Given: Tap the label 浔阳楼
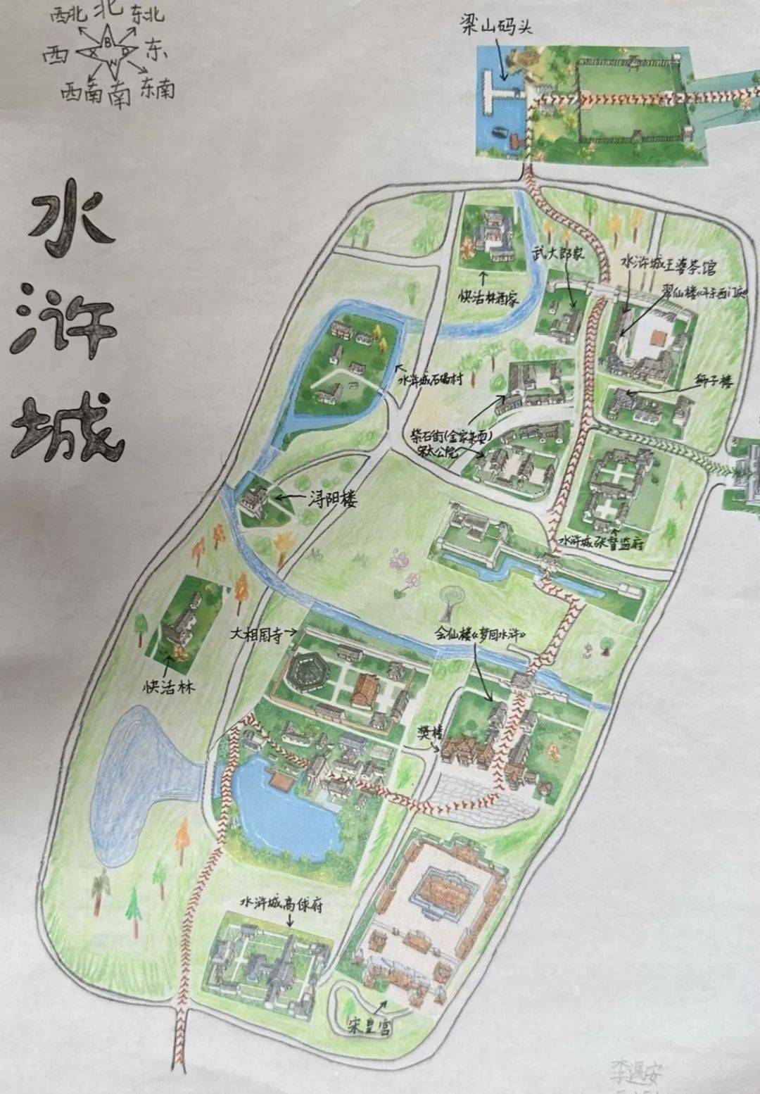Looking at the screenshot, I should [x=333, y=500].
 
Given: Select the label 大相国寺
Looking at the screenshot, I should [x=256, y=634].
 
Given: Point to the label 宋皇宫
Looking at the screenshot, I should [x=369, y=1027].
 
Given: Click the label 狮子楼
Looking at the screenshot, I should [x=713, y=382].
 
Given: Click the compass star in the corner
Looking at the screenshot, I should [x=108, y=50].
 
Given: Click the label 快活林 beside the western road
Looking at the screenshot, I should [x=169, y=686].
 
